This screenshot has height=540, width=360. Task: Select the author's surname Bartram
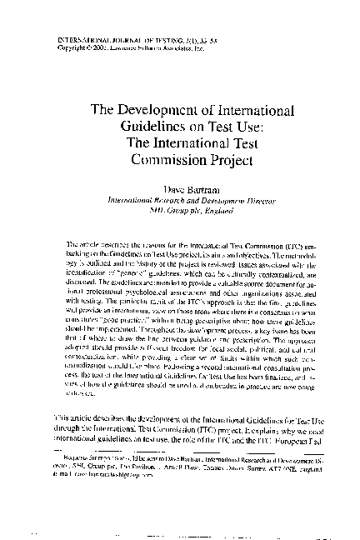[x=195, y=190]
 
